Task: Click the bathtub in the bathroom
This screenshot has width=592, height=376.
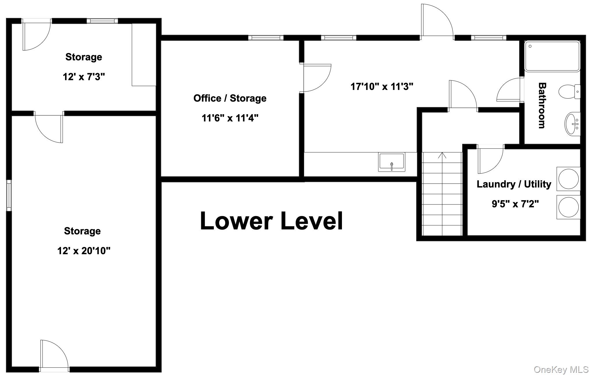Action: tap(552, 56)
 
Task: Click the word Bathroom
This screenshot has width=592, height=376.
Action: tap(542, 105)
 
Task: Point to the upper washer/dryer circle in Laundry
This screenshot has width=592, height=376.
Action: tap(568, 179)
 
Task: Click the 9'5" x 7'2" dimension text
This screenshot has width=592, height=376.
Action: tap(515, 204)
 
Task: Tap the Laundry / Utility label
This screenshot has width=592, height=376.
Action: tap(514, 184)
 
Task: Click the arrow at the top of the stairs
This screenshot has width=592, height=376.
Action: tap(442, 156)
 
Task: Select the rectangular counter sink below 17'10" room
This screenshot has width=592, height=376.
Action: tap(392, 162)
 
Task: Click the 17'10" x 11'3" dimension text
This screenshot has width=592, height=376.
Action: tap(382, 86)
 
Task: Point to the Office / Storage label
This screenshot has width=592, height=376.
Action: tap(230, 98)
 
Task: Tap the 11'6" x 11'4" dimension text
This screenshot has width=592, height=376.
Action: tap(230, 118)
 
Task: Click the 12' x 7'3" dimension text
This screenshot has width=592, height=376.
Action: tap(84, 77)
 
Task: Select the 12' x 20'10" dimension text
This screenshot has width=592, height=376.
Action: tap(84, 251)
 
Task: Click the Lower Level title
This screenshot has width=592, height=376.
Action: tap(271, 221)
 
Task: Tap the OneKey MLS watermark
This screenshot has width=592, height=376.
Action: tap(561, 369)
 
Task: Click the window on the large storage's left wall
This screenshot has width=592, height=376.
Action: tap(9, 195)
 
